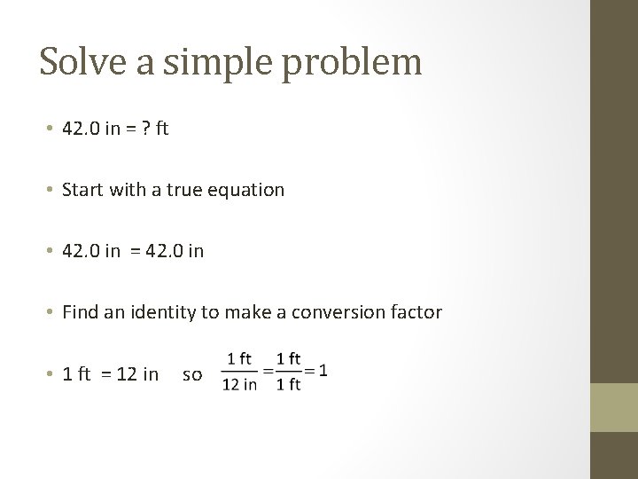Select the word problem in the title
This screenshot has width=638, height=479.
(x=354, y=62)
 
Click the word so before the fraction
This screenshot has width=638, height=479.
(x=191, y=375)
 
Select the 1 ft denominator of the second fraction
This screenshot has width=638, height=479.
(x=288, y=385)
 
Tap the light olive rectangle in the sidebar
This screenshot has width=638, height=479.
(x=614, y=407)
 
